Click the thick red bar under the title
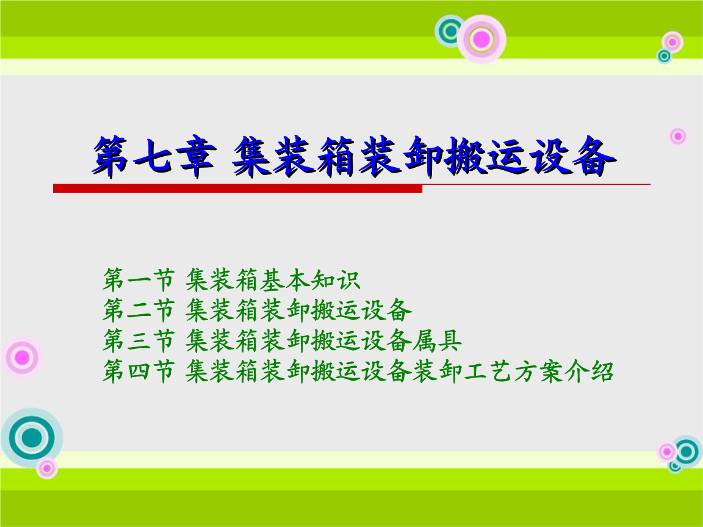[237, 188]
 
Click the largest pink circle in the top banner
[481, 39]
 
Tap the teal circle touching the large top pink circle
[452, 30]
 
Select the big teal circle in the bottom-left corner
[32, 437]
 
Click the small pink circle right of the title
[677, 135]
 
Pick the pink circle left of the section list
[22, 357]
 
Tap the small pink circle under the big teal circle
[46, 468]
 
